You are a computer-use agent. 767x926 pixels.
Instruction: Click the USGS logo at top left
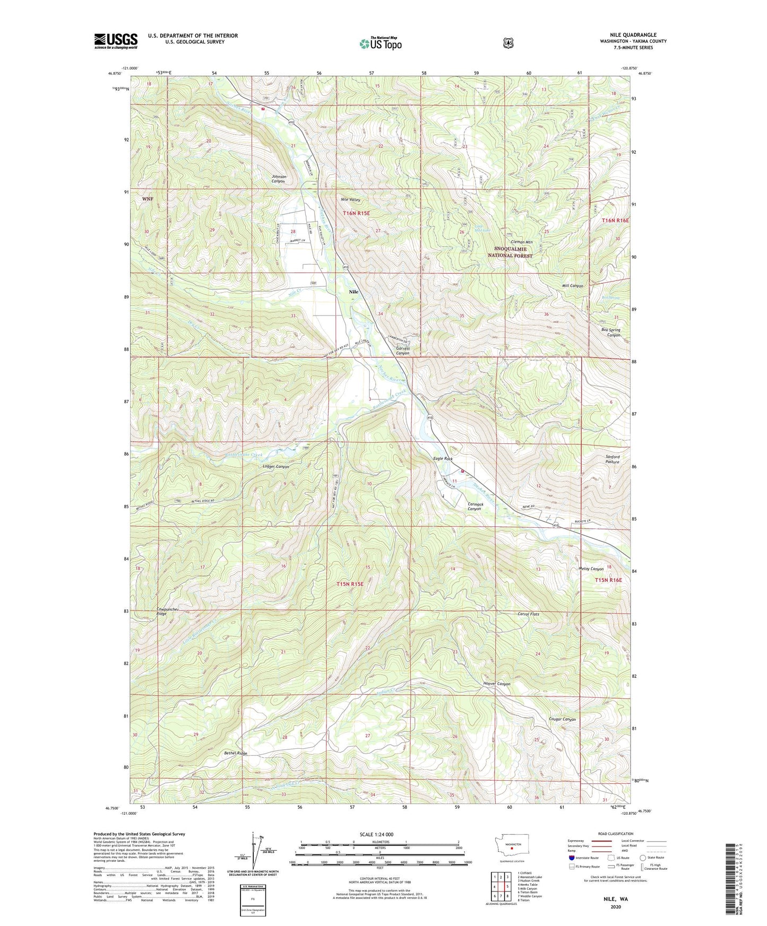tap(116, 41)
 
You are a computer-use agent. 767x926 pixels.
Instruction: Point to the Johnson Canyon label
tap(278, 179)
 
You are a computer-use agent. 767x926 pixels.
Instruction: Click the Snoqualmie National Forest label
tap(510, 252)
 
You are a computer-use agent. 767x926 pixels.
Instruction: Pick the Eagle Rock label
tap(443, 459)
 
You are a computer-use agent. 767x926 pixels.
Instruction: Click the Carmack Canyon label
tap(475, 506)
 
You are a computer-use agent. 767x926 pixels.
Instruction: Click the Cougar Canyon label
tap(562, 719)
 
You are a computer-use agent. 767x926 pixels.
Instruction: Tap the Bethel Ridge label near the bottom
tap(235, 753)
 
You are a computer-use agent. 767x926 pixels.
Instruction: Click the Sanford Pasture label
tap(612, 459)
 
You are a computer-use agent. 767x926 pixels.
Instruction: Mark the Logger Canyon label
tap(276, 467)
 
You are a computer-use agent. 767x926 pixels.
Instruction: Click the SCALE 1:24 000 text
tap(376, 834)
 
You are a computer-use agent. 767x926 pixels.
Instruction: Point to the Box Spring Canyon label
tap(610, 332)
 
